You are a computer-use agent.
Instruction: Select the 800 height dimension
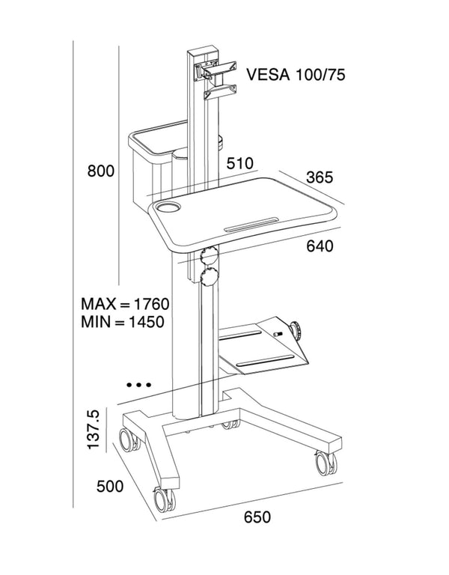click(100, 171)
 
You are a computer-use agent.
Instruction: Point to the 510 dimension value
click(240, 163)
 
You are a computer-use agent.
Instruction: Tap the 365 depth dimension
click(320, 177)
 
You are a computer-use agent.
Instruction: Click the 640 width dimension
click(320, 246)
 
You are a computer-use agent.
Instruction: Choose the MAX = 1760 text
click(126, 305)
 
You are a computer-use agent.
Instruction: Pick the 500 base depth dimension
click(109, 487)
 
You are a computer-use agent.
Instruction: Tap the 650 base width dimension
click(257, 517)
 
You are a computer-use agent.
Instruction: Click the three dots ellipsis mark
click(138, 385)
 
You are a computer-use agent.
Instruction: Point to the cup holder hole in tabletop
click(170, 206)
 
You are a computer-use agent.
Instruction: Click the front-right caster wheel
click(326, 463)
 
